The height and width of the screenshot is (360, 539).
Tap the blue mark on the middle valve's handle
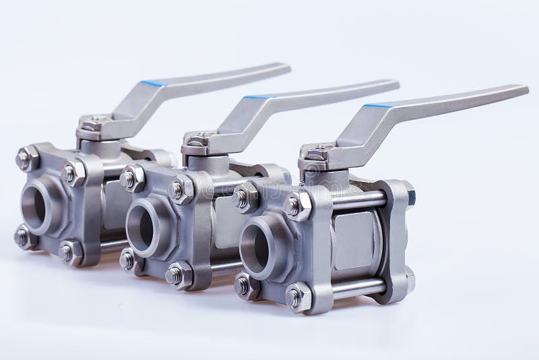click(x=257, y=97)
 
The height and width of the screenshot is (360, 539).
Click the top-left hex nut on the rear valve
click(x=26, y=159)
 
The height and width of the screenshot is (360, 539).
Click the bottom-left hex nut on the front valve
click(x=244, y=286)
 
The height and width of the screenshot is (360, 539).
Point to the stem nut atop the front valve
click(x=314, y=155)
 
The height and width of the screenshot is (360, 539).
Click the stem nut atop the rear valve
click(x=92, y=123)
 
